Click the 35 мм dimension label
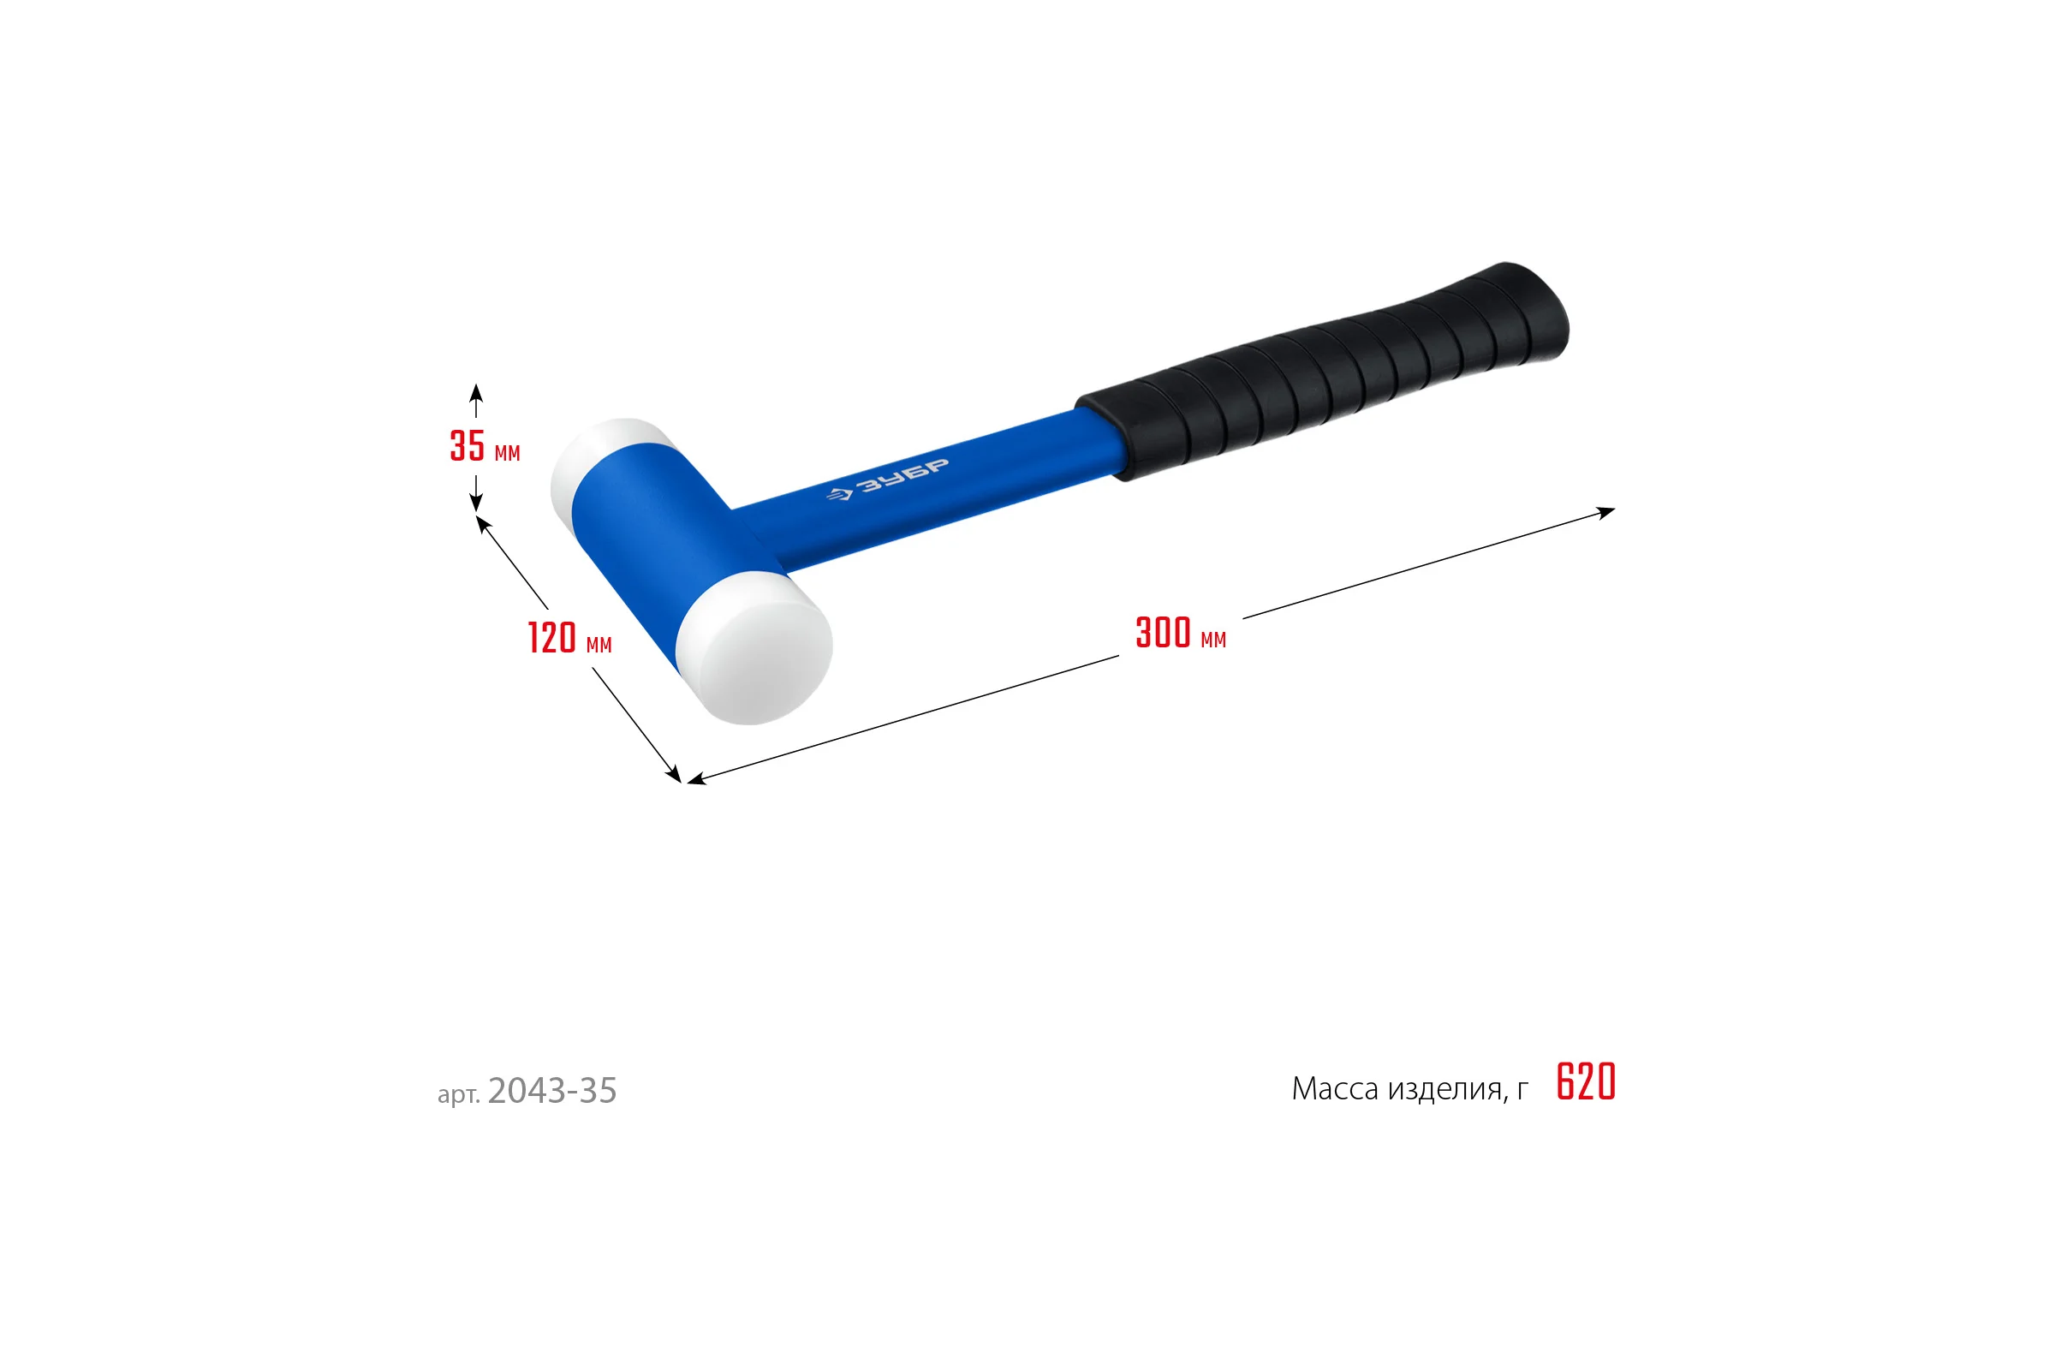click(x=485, y=446)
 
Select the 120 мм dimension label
click(x=569, y=638)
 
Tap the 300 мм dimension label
click(x=1181, y=633)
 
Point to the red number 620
click(x=1586, y=1081)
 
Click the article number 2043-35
click(x=552, y=1090)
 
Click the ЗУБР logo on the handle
click(x=887, y=479)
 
